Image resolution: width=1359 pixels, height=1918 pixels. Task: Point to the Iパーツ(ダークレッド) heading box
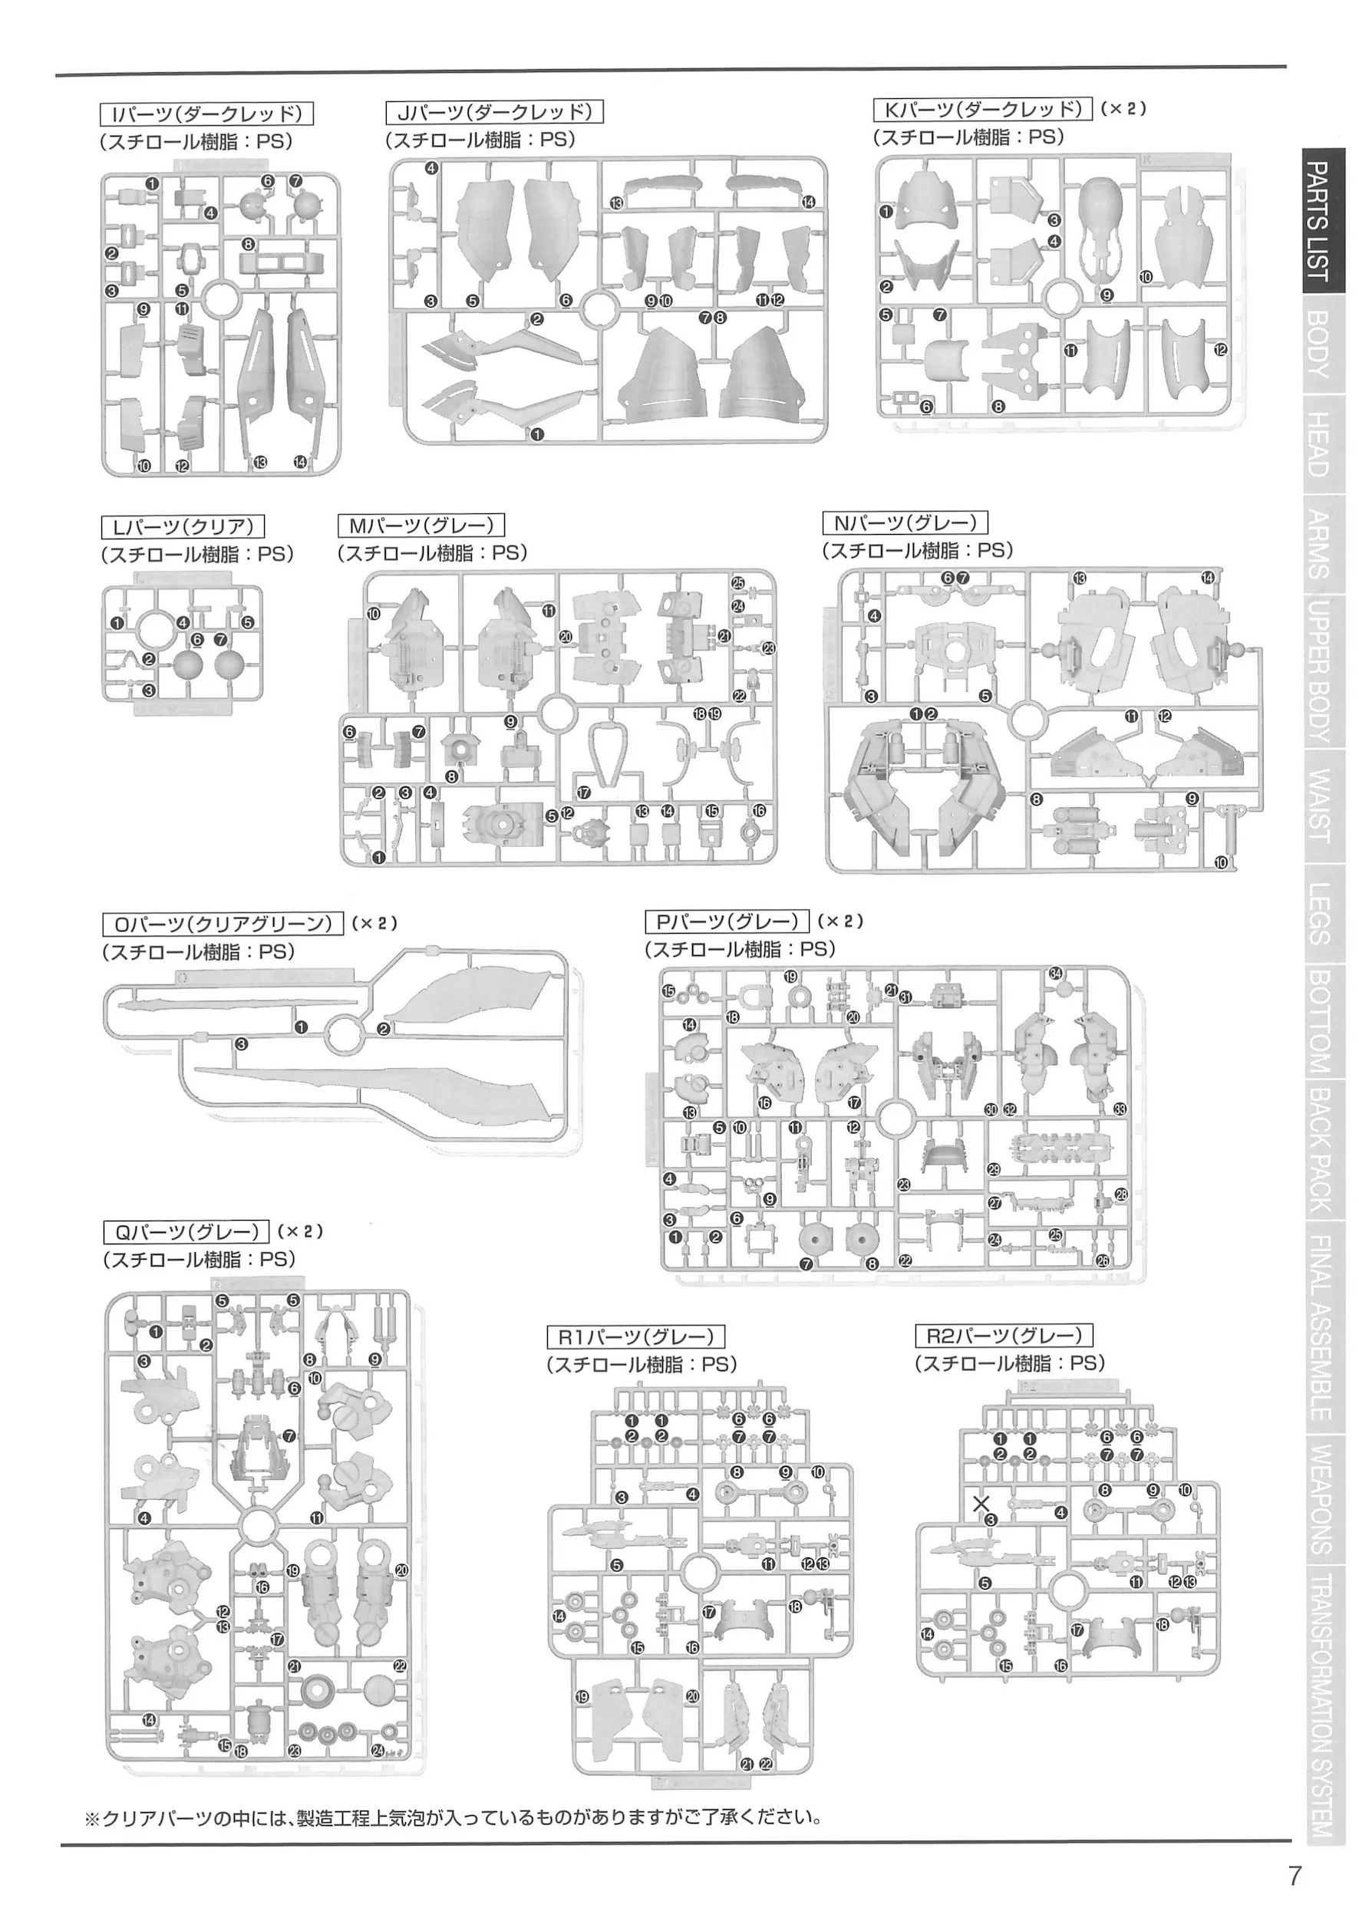click(206, 114)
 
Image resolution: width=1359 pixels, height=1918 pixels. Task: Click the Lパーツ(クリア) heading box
click(183, 526)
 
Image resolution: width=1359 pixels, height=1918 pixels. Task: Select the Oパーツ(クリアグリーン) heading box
click(223, 924)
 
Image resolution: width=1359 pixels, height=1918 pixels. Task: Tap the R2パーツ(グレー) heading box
click(1004, 1336)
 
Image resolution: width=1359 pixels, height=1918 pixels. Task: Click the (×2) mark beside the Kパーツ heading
click(1123, 109)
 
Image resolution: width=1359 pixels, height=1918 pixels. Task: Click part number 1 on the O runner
click(300, 1027)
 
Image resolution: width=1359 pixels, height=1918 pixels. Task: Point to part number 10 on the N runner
click(1221, 862)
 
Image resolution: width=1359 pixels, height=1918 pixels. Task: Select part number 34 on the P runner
click(1056, 973)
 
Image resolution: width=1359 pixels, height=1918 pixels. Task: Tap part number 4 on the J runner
click(431, 168)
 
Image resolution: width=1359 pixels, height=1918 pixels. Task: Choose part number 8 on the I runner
click(248, 244)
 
